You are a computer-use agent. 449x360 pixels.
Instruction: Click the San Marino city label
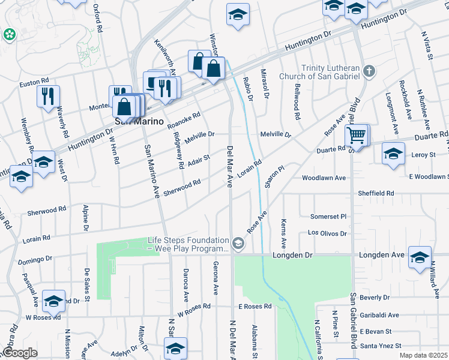(x=139, y=121)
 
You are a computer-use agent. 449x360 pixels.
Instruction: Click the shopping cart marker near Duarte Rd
(x=357, y=136)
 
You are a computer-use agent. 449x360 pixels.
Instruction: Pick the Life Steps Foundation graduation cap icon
(x=239, y=244)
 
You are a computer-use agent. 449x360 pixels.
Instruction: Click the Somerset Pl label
(x=328, y=216)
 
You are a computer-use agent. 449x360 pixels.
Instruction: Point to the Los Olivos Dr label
(x=327, y=233)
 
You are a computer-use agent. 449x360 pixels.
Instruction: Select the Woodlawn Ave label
(x=324, y=178)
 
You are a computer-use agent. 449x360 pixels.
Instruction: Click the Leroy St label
(x=423, y=155)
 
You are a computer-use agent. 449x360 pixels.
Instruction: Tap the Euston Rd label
(x=34, y=82)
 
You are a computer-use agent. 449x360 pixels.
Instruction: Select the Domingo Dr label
(x=35, y=260)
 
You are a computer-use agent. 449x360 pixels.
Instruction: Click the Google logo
(x=19, y=353)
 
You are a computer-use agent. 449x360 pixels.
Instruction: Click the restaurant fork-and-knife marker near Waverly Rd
(x=47, y=97)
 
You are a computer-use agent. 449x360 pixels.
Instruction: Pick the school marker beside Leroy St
(x=393, y=154)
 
